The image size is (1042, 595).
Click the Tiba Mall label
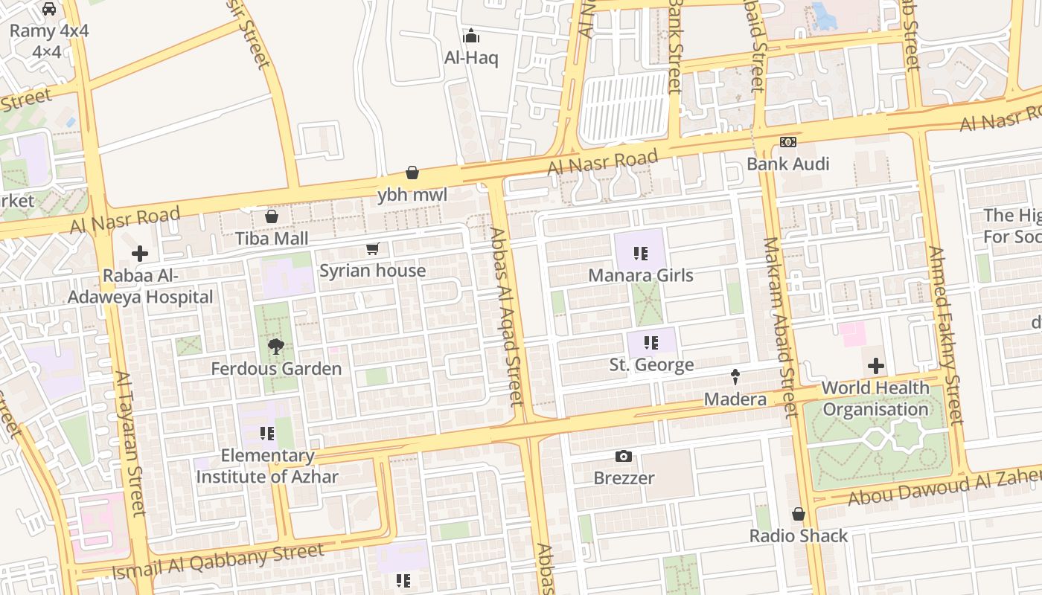272,239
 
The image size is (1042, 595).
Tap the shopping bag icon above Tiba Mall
272,216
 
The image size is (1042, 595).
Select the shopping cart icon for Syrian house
372,248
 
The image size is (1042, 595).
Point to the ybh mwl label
412,195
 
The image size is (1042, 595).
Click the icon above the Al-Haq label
471,36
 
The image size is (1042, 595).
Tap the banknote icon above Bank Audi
787,142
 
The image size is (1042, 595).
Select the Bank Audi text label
787,164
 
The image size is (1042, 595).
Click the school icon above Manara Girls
640,254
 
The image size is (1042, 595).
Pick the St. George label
651,364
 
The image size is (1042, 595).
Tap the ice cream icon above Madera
735,377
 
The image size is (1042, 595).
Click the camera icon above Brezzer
624,456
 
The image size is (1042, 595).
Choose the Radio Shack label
798,535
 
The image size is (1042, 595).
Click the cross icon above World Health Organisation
876,366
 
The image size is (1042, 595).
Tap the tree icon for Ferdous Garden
276,346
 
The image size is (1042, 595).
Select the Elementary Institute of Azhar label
267,466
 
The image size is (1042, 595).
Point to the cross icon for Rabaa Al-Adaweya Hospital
139,254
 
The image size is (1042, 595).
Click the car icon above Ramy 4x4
49,9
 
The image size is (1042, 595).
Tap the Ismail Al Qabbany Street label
218,562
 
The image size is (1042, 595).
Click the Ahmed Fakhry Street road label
944,335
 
